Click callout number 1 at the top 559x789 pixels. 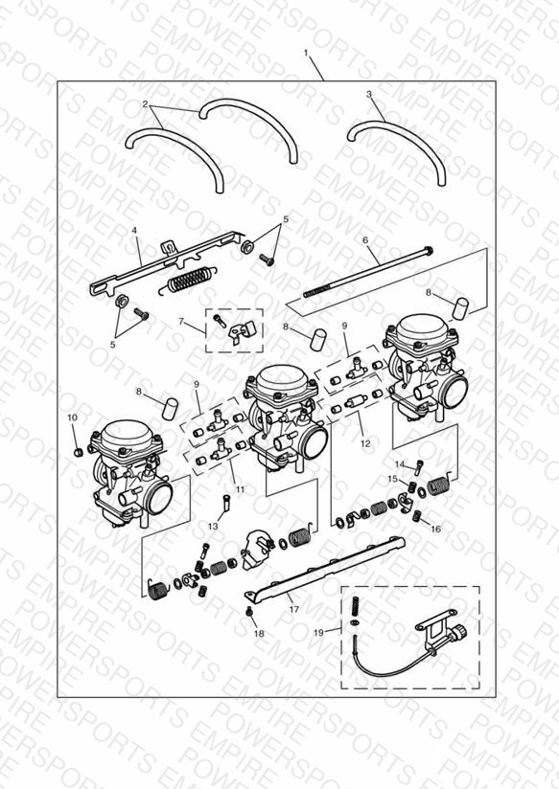(306, 53)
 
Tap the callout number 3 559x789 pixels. (369, 94)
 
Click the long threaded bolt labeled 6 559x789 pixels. (367, 272)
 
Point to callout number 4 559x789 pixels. (134, 230)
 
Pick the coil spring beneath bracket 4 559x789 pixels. (188, 279)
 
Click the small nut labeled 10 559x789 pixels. (77, 452)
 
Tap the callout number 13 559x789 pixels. (213, 526)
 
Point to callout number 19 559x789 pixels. (318, 633)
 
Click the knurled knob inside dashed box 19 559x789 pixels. (459, 632)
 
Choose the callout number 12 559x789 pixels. (365, 443)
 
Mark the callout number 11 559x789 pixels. (240, 488)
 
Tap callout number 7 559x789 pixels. (181, 321)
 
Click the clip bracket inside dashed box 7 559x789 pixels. (243, 331)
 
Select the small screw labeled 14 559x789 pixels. (419, 466)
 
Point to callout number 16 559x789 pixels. (435, 529)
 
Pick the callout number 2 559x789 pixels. (145, 104)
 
